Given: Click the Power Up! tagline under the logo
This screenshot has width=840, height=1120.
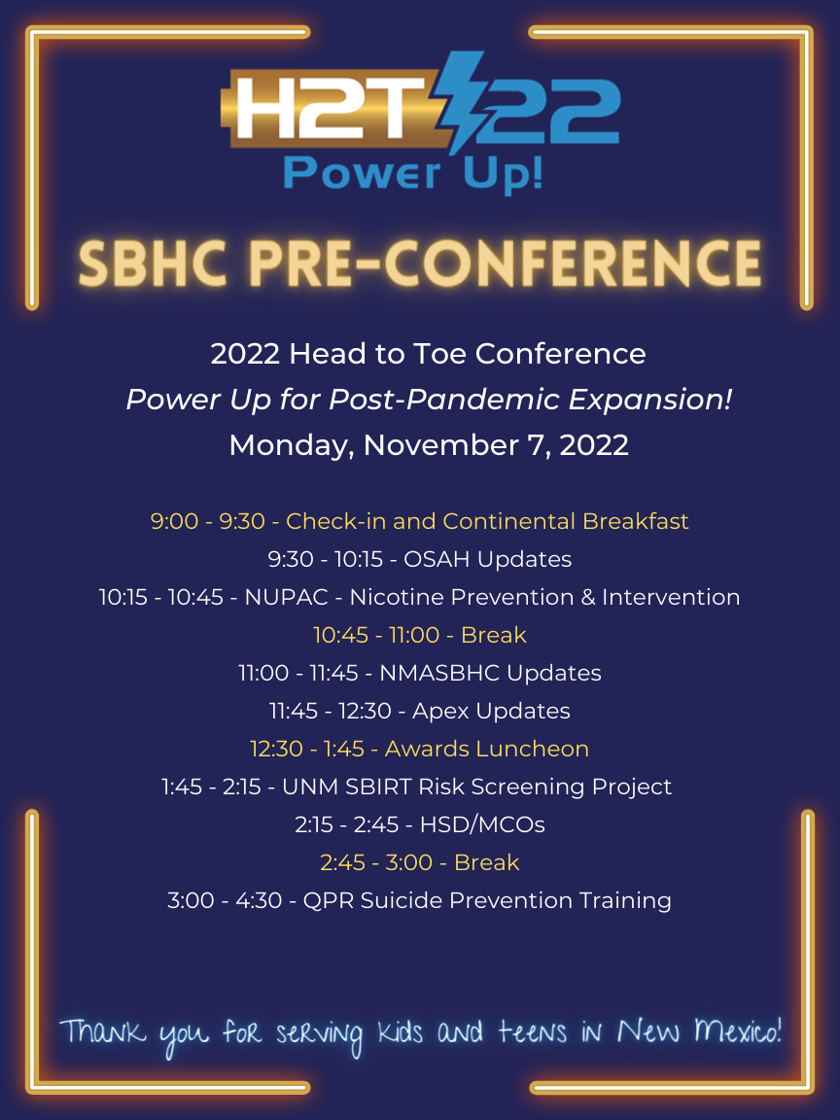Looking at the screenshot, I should coord(412,173).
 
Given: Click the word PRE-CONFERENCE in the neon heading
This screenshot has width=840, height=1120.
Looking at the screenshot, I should coord(507,262).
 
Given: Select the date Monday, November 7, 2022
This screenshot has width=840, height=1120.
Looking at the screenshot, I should coord(429,445).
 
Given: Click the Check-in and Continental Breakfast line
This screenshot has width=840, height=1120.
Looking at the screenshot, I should coord(419,521).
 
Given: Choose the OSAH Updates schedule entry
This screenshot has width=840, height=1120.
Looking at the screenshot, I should coord(419,559).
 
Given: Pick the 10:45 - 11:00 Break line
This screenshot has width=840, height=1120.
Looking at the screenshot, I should coord(419,635).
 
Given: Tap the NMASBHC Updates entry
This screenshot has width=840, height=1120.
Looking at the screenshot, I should coord(419,673).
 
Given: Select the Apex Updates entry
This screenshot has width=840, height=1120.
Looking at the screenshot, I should coord(419,711).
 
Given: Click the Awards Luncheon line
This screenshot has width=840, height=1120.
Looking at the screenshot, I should coord(419,749).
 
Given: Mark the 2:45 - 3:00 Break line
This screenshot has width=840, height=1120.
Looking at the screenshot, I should coord(419,862).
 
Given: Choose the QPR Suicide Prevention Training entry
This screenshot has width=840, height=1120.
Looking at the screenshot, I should coord(419,900).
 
